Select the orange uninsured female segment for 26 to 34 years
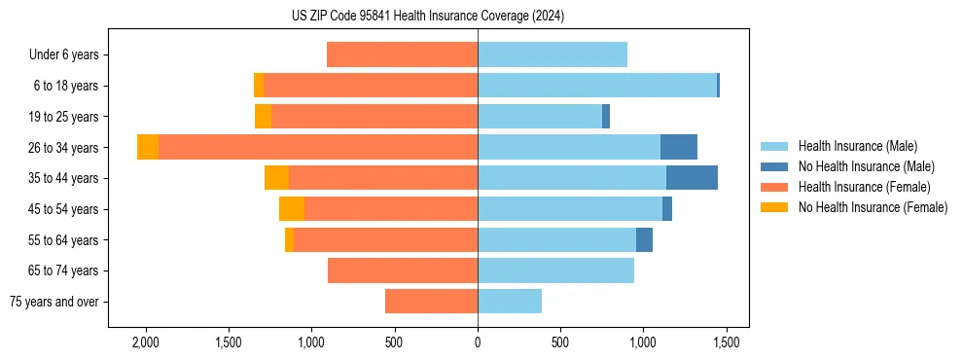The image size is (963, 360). (x=148, y=147)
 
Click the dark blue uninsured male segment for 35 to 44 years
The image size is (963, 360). (x=692, y=178)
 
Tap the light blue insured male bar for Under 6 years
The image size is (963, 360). (x=553, y=54)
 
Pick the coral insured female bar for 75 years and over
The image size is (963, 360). (x=431, y=302)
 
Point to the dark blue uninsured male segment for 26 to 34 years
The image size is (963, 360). (x=679, y=147)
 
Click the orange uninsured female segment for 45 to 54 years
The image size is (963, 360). (x=292, y=209)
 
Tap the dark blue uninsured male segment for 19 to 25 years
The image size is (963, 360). (x=606, y=117)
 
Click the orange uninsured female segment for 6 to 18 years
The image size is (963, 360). (x=259, y=86)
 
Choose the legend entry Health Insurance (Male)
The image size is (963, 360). (x=857, y=146)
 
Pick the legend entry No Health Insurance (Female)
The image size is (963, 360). (x=873, y=207)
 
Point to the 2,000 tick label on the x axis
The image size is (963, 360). (x=146, y=342)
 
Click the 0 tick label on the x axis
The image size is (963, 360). (x=478, y=342)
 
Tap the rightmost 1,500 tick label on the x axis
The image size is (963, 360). (x=726, y=342)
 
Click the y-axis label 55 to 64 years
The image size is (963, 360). (x=64, y=240)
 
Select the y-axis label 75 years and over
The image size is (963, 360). (x=54, y=302)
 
